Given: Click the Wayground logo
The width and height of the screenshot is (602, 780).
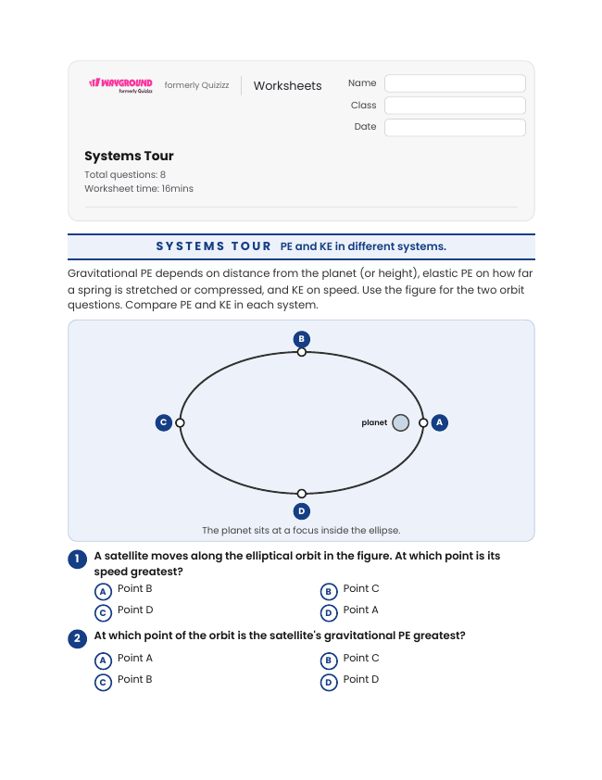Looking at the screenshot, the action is [120, 85].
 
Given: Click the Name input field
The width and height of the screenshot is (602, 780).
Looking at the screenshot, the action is [455, 83].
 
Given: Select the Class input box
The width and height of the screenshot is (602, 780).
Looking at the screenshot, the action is [455, 106].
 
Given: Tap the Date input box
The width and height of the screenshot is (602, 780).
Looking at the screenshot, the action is [455, 127].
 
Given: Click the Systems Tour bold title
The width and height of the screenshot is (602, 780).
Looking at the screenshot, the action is [129, 156].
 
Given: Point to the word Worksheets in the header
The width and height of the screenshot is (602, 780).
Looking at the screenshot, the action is [287, 85].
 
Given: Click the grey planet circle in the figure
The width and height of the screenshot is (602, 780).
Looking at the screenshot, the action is [400, 422].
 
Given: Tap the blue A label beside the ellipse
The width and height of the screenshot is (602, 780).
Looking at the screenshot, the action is [439, 422].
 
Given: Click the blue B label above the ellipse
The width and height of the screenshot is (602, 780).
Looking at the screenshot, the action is [302, 339].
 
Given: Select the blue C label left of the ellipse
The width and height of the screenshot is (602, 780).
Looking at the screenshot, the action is [164, 422].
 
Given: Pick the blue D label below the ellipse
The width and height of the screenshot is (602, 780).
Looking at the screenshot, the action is [302, 511].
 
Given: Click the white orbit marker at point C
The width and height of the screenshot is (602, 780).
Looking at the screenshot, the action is [180, 422].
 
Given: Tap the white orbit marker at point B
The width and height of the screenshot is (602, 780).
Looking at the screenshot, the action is [302, 352].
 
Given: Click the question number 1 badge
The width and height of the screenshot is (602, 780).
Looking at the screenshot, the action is [77, 560].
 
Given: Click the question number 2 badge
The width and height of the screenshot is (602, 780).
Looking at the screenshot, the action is [77, 638].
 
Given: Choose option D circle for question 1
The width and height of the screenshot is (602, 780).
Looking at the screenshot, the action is [329, 613].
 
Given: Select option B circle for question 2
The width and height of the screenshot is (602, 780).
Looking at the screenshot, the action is [329, 661].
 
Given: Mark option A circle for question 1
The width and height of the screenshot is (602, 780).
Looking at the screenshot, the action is [103, 592].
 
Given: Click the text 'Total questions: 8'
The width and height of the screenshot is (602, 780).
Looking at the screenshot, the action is [125, 174].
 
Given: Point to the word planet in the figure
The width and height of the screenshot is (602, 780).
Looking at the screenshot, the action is [374, 422].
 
